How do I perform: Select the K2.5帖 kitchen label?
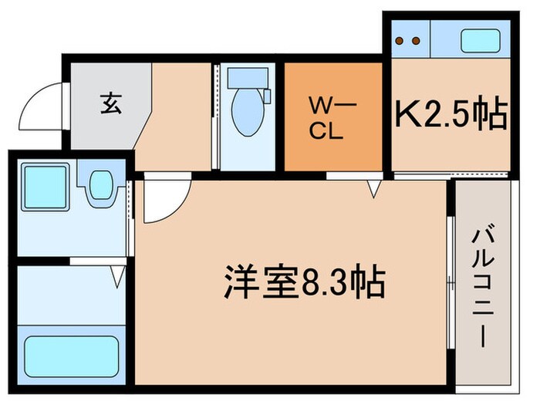(451, 116)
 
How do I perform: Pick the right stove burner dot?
(417, 40)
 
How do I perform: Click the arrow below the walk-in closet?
(374, 187)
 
